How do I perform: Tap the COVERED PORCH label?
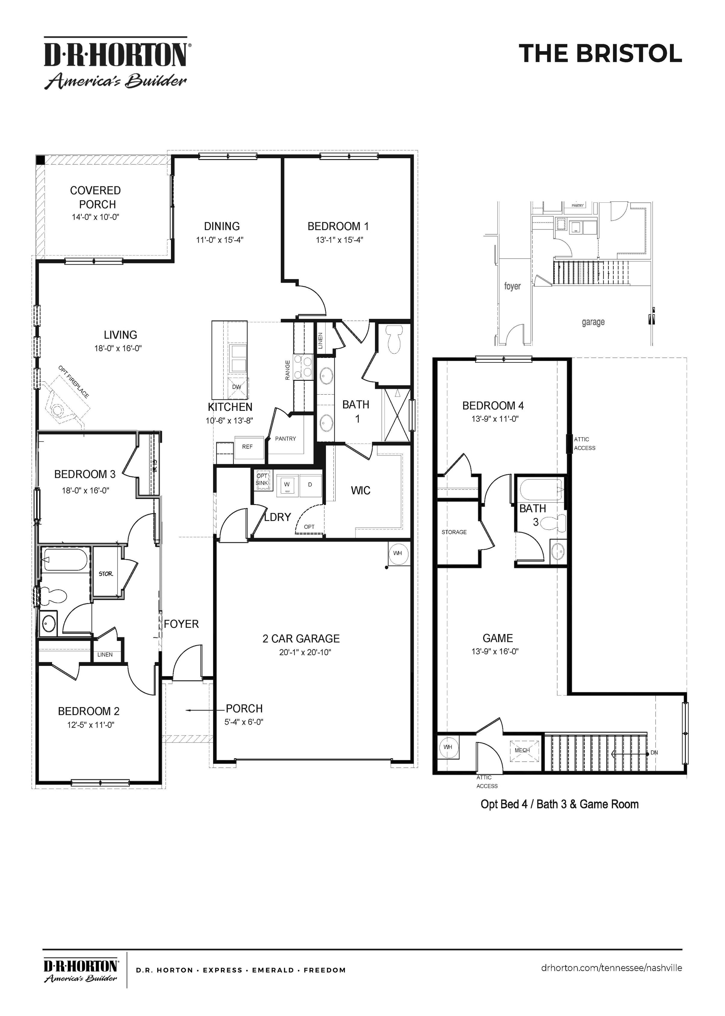tap(95, 197)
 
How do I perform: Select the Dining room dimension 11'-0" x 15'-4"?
tap(220, 240)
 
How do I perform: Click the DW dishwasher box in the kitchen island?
tap(237, 387)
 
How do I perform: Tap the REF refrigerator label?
tap(247, 447)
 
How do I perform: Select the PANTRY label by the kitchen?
tap(285, 439)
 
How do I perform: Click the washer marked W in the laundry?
tap(287, 485)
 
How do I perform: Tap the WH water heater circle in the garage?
tap(397, 553)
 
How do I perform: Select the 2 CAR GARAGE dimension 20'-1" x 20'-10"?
tap(305, 652)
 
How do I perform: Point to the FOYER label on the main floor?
tap(181, 624)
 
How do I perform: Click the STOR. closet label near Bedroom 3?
tap(106, 574)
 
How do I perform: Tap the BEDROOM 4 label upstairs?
tap(493, 406)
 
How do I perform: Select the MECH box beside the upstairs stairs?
tap(522, 750)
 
